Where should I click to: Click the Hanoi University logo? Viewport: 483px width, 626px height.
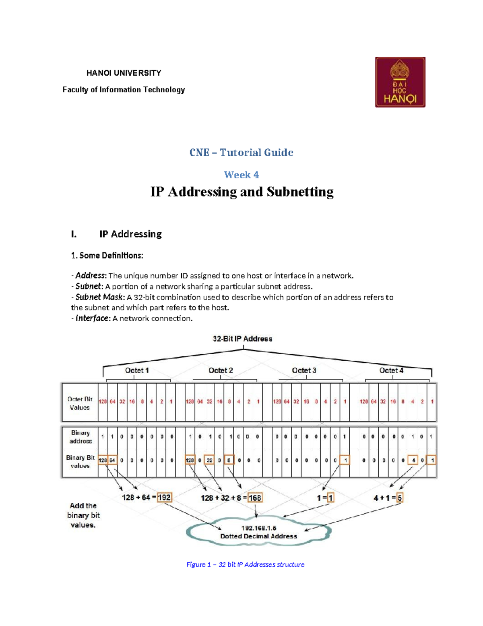(x=400, y=82)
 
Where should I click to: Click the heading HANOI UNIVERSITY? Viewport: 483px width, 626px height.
(x=124, y=73)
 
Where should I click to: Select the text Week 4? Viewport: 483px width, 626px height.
(x=242, y=175)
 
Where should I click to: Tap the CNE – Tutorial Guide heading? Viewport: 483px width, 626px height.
(x=242, y=153)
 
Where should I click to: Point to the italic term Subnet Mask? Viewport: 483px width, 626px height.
(x=100, y=297)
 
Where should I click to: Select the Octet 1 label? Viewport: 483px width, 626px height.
(x=137, y=370)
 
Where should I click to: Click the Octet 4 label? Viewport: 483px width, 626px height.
(x=391, y=370)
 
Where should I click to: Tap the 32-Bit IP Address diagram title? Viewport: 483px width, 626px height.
(x=242, y=339)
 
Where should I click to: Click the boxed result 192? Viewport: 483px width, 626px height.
(x=164, y=498)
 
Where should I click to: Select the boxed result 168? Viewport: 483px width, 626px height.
(x=255, y=498)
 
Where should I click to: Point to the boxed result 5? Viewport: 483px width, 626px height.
(x=400, y=498)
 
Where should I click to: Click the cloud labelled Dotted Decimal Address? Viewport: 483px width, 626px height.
(x=258, y=532)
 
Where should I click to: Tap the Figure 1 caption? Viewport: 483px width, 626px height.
(x=245, y=564)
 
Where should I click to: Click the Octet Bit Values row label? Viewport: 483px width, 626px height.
(x=80, y=403)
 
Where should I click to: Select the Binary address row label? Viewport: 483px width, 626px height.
(x=80, y=437)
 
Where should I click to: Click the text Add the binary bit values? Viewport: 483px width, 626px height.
(x=83, y=515)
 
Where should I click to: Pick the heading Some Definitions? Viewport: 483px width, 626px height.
(x=107, y=256)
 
